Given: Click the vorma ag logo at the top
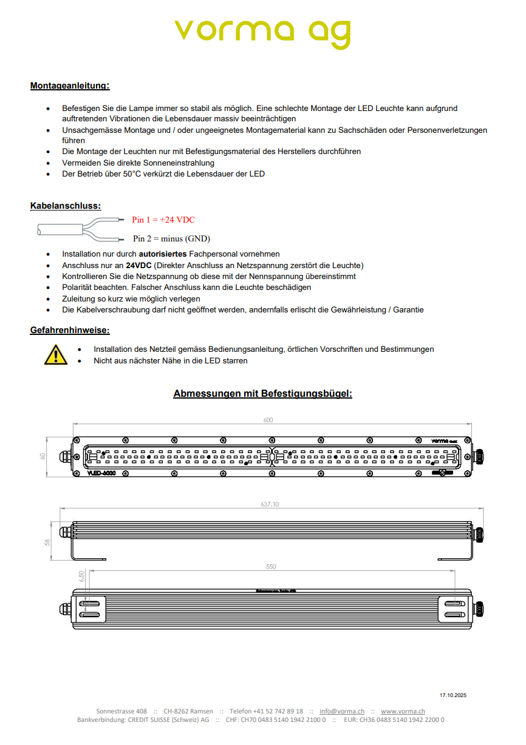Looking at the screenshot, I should [262, 32].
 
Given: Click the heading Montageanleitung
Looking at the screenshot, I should [70, 86].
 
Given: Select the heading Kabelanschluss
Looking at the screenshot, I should [66, 206].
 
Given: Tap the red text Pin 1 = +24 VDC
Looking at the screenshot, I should [163, 220].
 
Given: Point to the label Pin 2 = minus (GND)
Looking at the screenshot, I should [171, 238].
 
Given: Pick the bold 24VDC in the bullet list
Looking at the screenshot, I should [138, 265].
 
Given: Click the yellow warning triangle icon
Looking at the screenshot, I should [56, 354].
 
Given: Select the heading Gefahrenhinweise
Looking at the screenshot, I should [70, 330].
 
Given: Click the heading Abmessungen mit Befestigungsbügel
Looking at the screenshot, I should [262, 394].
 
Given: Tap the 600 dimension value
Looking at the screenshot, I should [268, 420].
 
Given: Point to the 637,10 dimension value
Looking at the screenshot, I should [269, 504].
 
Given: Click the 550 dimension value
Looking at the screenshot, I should [271, 567].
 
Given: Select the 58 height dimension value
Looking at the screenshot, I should [47, 542].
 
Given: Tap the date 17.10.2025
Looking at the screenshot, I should [453, 695].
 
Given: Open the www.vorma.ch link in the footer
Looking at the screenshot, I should [403, 711].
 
